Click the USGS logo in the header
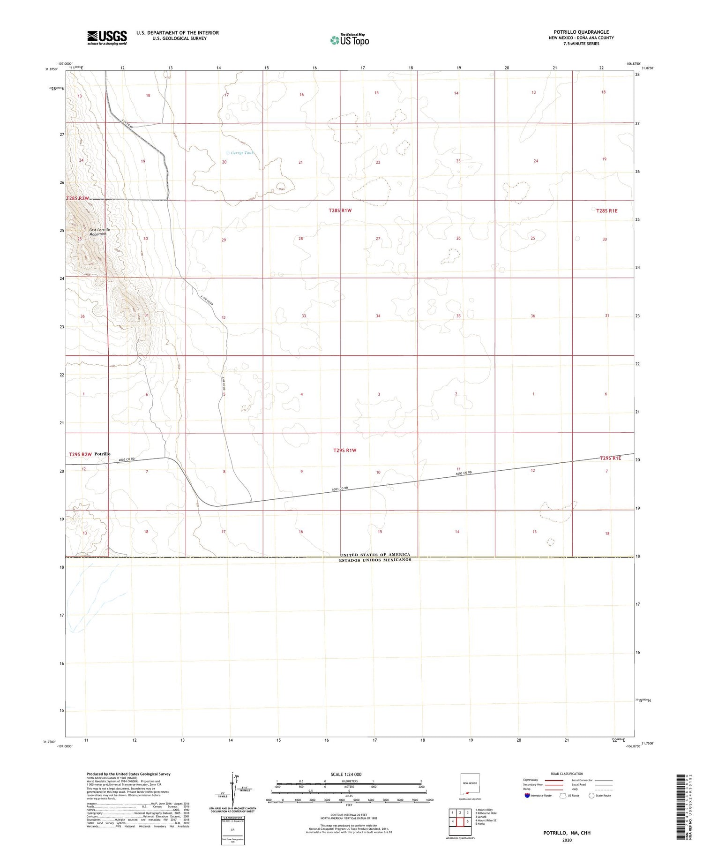107,38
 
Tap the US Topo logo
349,40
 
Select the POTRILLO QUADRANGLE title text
581,32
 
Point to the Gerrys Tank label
242,153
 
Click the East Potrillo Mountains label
99,232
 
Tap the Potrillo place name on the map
102,454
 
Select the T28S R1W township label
340,211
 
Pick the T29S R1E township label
610,458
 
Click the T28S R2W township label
78,198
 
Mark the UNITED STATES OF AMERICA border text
375,555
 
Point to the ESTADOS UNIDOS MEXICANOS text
375,560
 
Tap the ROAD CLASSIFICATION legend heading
567,774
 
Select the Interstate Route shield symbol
527,796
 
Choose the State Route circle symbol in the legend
591,796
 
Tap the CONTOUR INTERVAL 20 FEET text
349,815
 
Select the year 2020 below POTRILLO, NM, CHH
567,840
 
